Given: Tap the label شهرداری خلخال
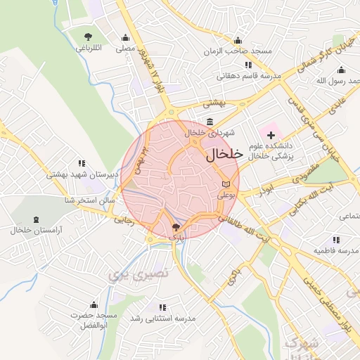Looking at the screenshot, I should pyautogui.click(x=210, y=133).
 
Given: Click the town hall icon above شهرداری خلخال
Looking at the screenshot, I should pyautogui.click(x=210, y=122).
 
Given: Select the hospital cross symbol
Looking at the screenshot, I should pyautogui.click(x=271, y=134).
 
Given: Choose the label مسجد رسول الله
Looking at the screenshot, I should pyautogui.click(x=330, y=81).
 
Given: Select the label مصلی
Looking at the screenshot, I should pyautogui.click(x=125, y=49).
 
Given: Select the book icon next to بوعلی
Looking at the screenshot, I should pyautogui.click(x=224, y=185).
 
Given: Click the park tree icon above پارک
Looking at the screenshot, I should pyautogui.click(x=175, y=227).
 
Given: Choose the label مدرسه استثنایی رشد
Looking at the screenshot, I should pyautogui.click(x=161, y=319).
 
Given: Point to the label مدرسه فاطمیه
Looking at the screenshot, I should pyautogui.click(x=337, y=251).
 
